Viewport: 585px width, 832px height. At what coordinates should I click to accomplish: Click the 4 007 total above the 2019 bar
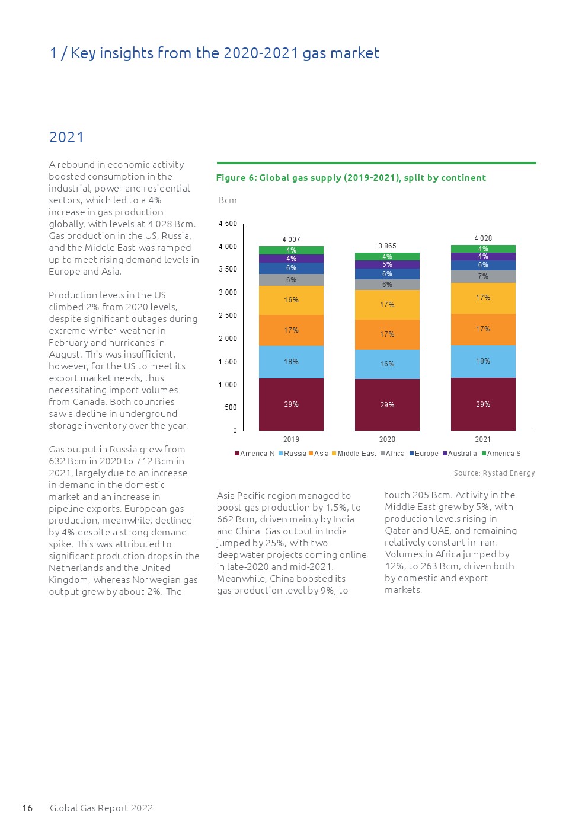pyautogui.click(x=291, y=240)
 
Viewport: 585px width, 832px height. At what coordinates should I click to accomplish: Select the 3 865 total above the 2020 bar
pyautogui.click(x=387, y=246)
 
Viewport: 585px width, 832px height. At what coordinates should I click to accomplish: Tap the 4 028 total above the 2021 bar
pyautogui.click(x=483, y=238)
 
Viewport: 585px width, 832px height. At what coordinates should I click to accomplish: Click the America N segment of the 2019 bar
pyautogui.click(x=291, y=404)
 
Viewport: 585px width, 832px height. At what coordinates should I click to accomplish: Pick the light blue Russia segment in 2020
pyautogui.click(x=387, y=364)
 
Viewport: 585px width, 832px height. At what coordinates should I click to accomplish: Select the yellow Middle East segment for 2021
pyautogui.click(x=483, y=298)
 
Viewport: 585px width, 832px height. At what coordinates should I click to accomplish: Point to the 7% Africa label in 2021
pyautogui.click(x=483, y=276)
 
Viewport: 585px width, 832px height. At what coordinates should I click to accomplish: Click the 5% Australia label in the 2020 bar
pyautogui.click(x=387, y=264)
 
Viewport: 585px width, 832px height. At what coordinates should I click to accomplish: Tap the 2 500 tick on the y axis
pyautogui.click(x=228, y=315)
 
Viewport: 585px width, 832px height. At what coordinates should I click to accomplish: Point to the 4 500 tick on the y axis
pyautogui.click(x=228, y=224)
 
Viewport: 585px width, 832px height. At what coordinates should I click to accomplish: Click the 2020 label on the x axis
pyautogui.click(x=387, y=439)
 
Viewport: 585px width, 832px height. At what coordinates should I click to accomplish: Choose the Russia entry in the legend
pyautogui.click(x=295, y=454)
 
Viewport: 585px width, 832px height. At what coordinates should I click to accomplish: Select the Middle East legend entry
pyautogui.click(x=356, y=454)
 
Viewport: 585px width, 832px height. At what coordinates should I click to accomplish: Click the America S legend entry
pyautogui.click(x=503, y=454)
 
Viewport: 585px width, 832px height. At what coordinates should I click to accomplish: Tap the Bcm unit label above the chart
pyautogui.click(x=228, y=200)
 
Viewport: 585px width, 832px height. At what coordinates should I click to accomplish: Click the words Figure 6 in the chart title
pyautogui.click(x=235, y=177)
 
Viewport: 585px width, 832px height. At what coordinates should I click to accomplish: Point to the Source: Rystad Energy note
pyautogui.click(x=494, y=473)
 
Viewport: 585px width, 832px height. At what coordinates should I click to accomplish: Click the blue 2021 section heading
pyautogui.click(x=66, y=138)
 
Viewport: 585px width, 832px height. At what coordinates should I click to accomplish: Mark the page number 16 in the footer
pyautogui.click(x=27, y=808)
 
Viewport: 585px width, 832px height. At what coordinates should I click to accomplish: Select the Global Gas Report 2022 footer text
pyautogui.click(x=101, y=808)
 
